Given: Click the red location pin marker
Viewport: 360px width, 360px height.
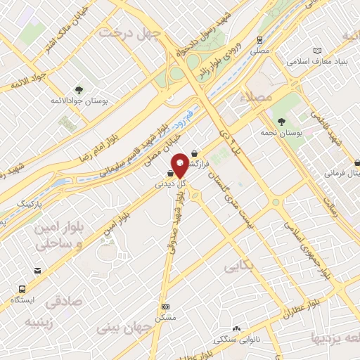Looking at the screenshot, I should tap(181, 165).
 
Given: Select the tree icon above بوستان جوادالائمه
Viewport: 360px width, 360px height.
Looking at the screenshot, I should tap(79, 89).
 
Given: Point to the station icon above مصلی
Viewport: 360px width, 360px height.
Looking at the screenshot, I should tap(260, 40).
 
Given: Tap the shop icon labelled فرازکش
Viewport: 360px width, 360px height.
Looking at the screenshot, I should tap(195, 154).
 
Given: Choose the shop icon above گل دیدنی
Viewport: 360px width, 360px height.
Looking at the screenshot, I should tap(171, 172).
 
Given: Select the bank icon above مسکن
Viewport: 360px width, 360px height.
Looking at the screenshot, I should tap(165, 307).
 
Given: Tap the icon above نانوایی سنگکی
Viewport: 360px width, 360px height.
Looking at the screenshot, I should tap(237, 328).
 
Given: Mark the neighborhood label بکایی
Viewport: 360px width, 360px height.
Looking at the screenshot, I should tap(238, 268).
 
